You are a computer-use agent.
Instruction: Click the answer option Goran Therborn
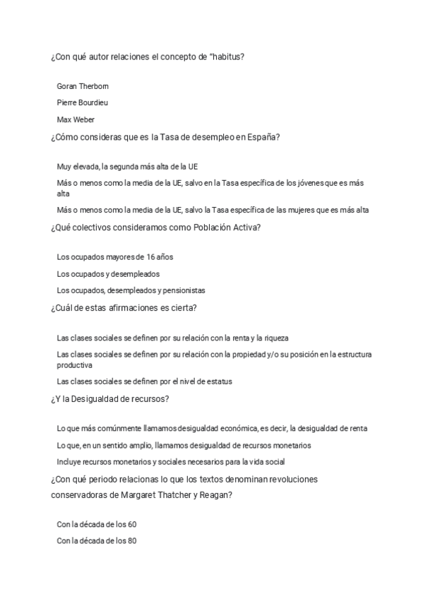83,86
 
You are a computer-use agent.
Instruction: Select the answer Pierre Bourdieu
83,102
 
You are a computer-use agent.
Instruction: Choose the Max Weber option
76,119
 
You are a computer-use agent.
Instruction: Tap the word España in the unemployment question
263,137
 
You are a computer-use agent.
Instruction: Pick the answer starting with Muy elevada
127,167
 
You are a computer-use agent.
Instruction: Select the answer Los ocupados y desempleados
108,273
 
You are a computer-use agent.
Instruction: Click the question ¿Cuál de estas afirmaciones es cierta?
124,308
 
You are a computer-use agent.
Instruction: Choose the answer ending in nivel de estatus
144,381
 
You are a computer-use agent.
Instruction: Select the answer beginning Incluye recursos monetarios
170,462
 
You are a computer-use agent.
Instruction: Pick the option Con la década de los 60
96,525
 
